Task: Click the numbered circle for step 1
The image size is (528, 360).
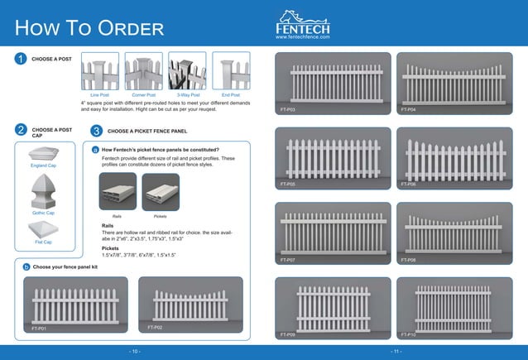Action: coord(19,60)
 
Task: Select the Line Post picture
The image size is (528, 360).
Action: coord(99,71)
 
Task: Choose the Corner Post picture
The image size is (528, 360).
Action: coord(143,71)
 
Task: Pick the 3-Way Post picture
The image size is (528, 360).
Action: coord(187,71)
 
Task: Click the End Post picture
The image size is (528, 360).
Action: coord(231,71)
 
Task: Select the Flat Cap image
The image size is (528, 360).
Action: coord(43,229)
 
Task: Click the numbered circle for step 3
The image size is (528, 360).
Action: coord(97,132)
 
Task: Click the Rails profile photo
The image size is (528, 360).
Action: coord(117,192)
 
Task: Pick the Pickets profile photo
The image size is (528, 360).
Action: coord(160,192)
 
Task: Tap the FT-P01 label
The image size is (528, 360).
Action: coord(39,329)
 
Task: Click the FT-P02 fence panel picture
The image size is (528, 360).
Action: coord(190,304)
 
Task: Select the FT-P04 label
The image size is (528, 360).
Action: coord(408,109)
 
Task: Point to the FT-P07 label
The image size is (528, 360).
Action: coord(288,260)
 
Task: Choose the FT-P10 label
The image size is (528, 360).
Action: coord(408,334)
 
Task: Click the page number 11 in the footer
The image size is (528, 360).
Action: coord(396,352)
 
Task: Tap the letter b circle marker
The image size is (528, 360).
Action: coord(26,267)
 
